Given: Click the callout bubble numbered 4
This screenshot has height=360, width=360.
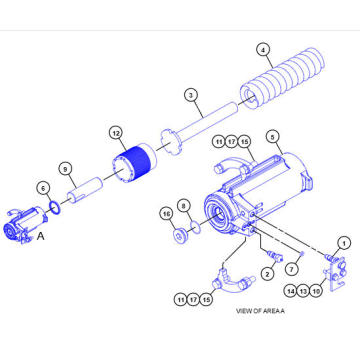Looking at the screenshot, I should (x=264, y=49).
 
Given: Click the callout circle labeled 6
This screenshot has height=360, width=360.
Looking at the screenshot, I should (x=42, y=187).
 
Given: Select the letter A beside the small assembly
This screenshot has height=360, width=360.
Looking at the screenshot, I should (x=41, y=237).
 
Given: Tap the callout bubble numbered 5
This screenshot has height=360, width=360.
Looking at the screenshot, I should (x=271, y=137).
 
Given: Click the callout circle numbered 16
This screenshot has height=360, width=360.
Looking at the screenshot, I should (x=166, y=213).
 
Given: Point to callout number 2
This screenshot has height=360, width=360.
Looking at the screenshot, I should (x=267, y=272).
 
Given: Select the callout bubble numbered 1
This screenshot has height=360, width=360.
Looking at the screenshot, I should (x=342, y=240).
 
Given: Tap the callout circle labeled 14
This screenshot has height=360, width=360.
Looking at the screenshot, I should (x=290, y=290).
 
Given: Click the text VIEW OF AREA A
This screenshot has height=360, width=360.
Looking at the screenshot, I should (x=259, y=311).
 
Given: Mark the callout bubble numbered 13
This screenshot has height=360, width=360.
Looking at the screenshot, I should (x=302, y=290).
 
